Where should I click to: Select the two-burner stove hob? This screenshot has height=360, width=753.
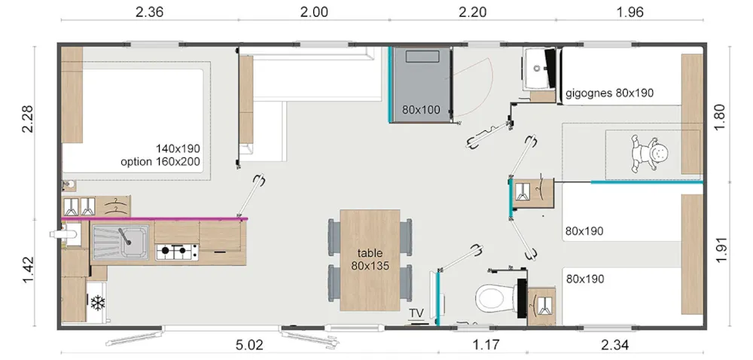(177, 252)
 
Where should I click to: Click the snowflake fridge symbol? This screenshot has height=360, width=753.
(98, 303)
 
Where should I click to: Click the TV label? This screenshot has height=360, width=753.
(416, 313)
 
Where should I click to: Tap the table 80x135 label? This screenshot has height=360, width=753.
(370, 259)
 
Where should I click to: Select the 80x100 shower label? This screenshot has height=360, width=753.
(421, 110)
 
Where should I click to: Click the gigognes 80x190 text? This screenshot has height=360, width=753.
(610, 93)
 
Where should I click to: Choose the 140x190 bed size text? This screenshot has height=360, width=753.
(178, 148)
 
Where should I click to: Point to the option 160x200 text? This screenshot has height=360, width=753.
(160, 162)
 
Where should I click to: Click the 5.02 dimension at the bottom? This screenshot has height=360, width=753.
(250, 345)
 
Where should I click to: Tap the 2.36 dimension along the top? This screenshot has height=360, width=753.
(149, 12)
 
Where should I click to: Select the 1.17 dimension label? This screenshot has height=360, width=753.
(486, 344)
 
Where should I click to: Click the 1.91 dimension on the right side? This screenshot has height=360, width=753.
(721, 250)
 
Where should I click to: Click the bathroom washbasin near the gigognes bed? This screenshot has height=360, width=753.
(537, 69)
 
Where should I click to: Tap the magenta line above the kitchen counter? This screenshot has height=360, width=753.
(154, 219)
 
